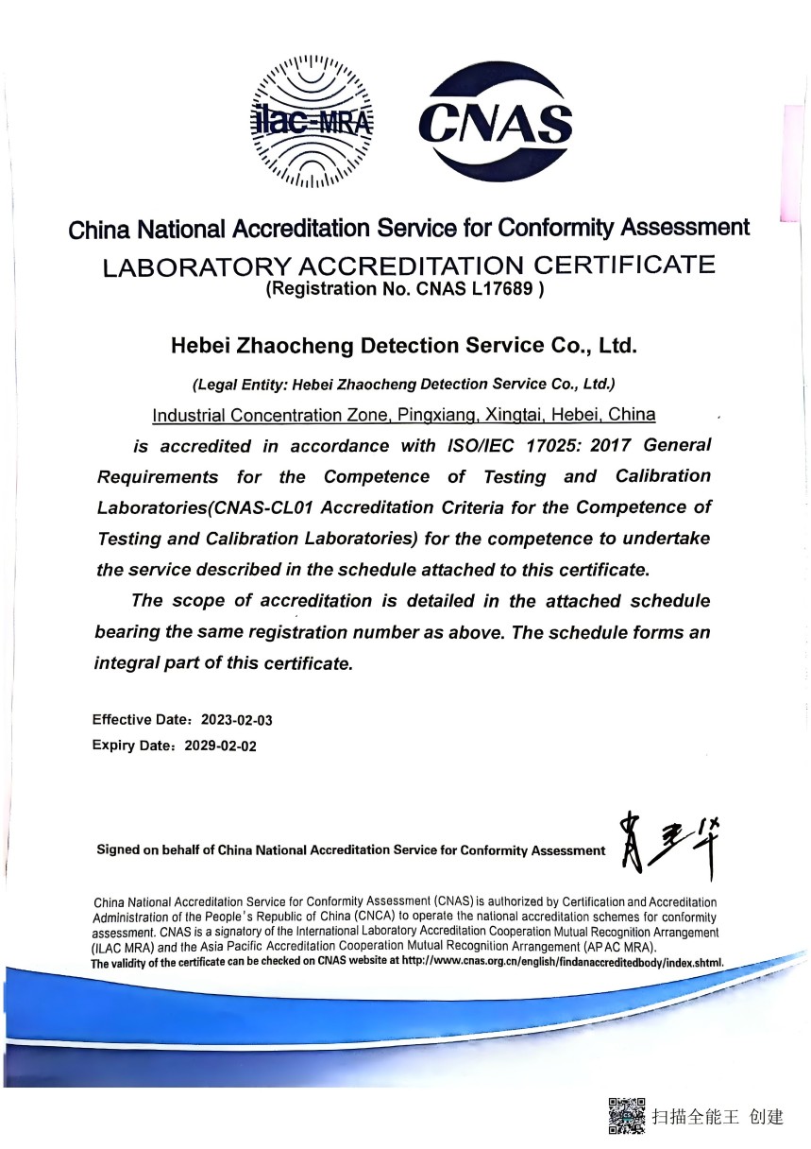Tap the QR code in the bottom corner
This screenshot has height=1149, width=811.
[x=627, y=1116]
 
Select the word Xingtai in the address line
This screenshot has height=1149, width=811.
[x=515, y=415]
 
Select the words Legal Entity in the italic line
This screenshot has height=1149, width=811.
[x=240, y=385]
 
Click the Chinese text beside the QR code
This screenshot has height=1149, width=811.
[x=718, y=1118]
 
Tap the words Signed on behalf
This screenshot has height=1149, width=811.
[x=156, y=849]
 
